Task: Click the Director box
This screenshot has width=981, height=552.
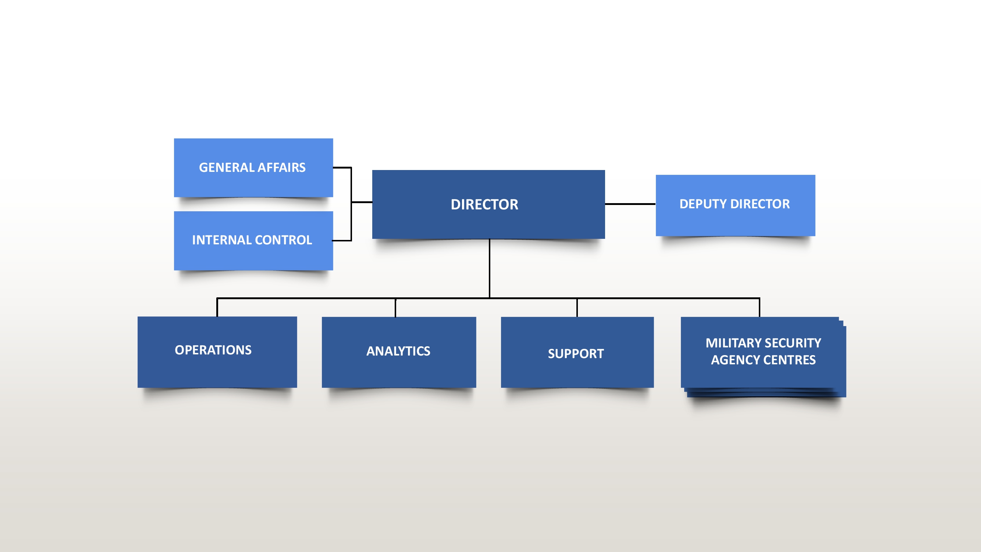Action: [x=488, y=204]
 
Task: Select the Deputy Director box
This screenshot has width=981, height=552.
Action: [x=735, y=205]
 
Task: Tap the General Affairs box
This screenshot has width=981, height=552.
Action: [x=253, y=167]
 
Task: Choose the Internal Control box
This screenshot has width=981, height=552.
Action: [x=253, y=241]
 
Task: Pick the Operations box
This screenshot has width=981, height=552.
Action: [x=217, y=352]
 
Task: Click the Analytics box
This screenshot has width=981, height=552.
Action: [x=399, y=352]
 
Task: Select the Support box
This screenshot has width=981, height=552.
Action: [x=577, y=352]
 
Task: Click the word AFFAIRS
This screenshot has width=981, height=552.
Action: [x=282, y=167]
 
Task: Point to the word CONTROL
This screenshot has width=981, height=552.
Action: [x=283, y=240]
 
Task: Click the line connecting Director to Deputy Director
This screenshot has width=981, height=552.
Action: [x=630, y=204]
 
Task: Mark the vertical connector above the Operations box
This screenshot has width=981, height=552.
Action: [x=217, y=307]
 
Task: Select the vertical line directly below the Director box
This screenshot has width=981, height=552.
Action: [x=489, y=268]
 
